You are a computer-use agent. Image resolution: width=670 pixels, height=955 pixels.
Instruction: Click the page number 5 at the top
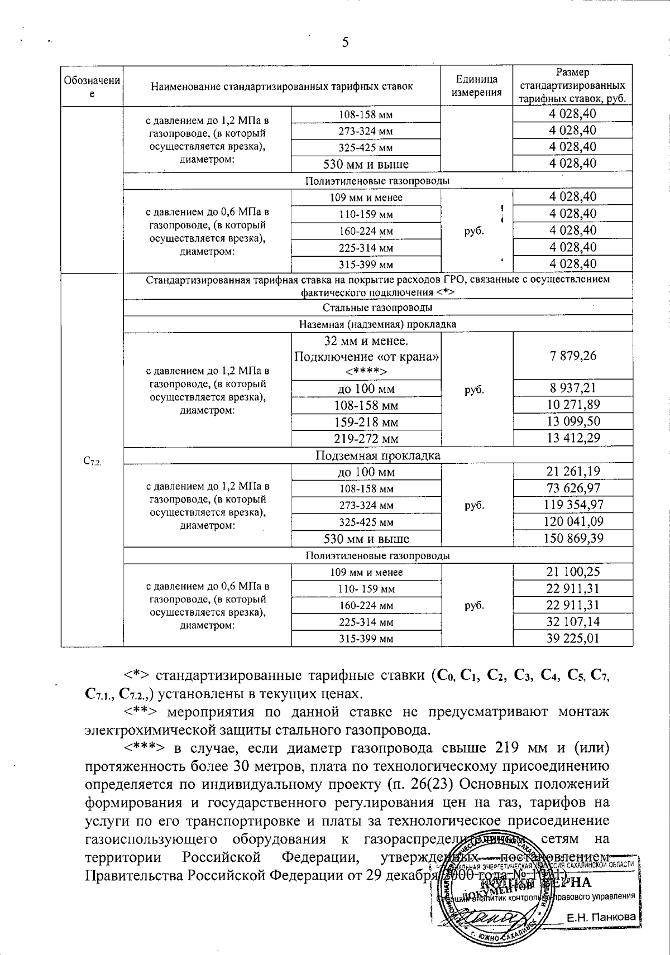click(x=345, y=42)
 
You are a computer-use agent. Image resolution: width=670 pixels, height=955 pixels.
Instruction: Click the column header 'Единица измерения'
click(x=476, y=86)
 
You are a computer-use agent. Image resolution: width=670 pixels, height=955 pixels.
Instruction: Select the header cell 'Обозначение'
click(x=92, y=87)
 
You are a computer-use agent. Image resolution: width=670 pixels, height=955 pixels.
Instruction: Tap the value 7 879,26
click(x=572, y=356)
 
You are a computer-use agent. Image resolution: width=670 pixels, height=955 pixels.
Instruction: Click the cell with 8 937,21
click(x=572, y=388)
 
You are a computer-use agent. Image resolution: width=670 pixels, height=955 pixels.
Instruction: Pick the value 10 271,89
click(x=572, y=405)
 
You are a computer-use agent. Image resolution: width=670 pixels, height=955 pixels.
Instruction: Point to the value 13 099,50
click(x=572, y=421)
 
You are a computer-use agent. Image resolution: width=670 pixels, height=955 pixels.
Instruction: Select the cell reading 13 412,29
click(x=572, y=438)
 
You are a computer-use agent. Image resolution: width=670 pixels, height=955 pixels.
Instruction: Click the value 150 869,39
click(x=572, y=539)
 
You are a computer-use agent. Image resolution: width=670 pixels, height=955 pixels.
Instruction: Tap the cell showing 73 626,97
click(x=572, y=488)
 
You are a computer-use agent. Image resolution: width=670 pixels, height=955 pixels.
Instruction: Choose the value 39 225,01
click(x=572, y=638)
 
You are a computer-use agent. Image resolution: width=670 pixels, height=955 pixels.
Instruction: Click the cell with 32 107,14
click(x=572, y=621)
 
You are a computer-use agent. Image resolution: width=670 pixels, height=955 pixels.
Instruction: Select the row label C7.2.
click(x=92, y=460)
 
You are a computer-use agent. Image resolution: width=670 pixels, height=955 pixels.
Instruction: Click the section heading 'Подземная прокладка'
click(x=377, y=455)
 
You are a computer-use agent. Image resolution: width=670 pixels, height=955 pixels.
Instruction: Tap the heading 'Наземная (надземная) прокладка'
click(x=377, y=324)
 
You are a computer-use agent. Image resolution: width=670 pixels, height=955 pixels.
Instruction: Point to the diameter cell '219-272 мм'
click(x=366, y=439)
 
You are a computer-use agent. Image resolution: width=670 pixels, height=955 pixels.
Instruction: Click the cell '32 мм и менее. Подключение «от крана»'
click(x=366, y=356)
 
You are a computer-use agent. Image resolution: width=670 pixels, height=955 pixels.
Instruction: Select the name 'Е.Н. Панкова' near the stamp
click(x=601, y=917)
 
